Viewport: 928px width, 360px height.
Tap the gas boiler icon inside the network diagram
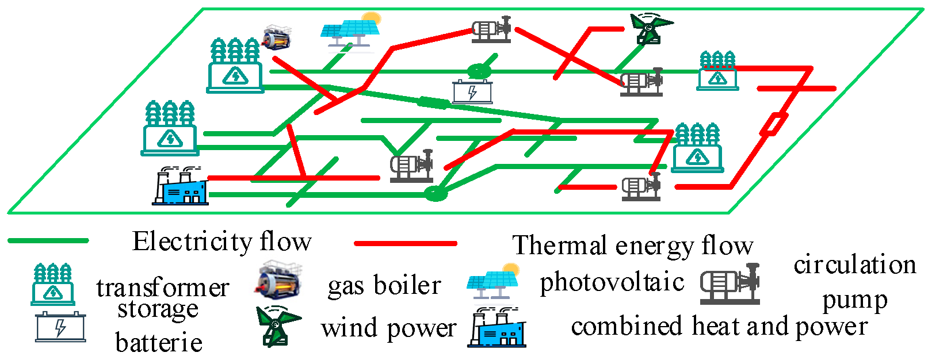276,38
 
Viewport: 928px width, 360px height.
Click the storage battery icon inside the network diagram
472,91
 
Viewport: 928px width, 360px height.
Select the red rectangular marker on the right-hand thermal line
774,124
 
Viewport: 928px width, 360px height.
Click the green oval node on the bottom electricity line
436,193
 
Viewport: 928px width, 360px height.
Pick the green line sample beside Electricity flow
48,240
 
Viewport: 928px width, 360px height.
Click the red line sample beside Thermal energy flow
405,243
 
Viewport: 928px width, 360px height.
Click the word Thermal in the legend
559,246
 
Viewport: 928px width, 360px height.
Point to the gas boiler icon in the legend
278,281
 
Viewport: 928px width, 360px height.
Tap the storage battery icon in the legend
60,327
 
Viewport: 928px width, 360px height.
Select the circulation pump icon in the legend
730,284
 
